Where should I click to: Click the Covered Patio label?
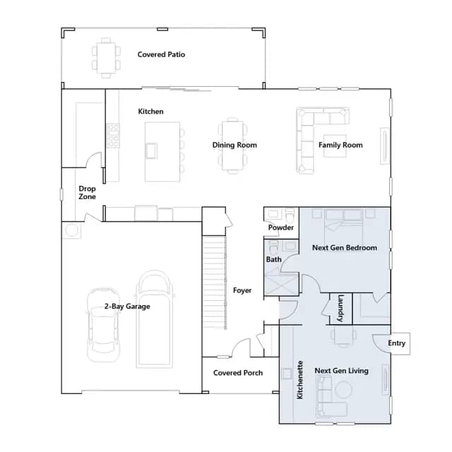pyautogui.click(x=161, y=54)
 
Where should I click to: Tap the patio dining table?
pyautogui.click(x=106, y=58)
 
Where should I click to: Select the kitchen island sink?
pyautogui.click(x=151, y=150)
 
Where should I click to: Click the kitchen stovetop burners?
pyautogui.click(x=113, y=136)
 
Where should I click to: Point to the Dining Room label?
pyautogui.click(x=234, y=145)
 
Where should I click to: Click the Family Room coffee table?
pyautogui.click(x=335, y=146)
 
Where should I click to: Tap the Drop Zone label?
pyautogui.click(x=87, y=193)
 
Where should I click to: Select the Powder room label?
pyautogui.click(x=281, y=227)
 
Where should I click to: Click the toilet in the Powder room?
pyautogui.click(x=290, y=214)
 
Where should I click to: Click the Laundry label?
pyautogui.click(x=340, y=308)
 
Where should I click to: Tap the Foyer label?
pyautogui.click(x=242, y=290)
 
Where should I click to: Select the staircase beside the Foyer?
pyautogui.click(x=214, y=282)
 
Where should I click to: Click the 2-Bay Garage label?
pyautogui.click(x=127, y=306)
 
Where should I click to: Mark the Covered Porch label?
pyautogui.click(x=238, y=373)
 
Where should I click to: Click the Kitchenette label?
pyautogui.click(x=299, y=380)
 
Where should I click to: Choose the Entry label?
pyautogui.click(x=396, y=343)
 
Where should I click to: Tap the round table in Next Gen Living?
pyautogui.click(x=343, y=390)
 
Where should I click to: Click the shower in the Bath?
pyautogui.click(x=281, y=284)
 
